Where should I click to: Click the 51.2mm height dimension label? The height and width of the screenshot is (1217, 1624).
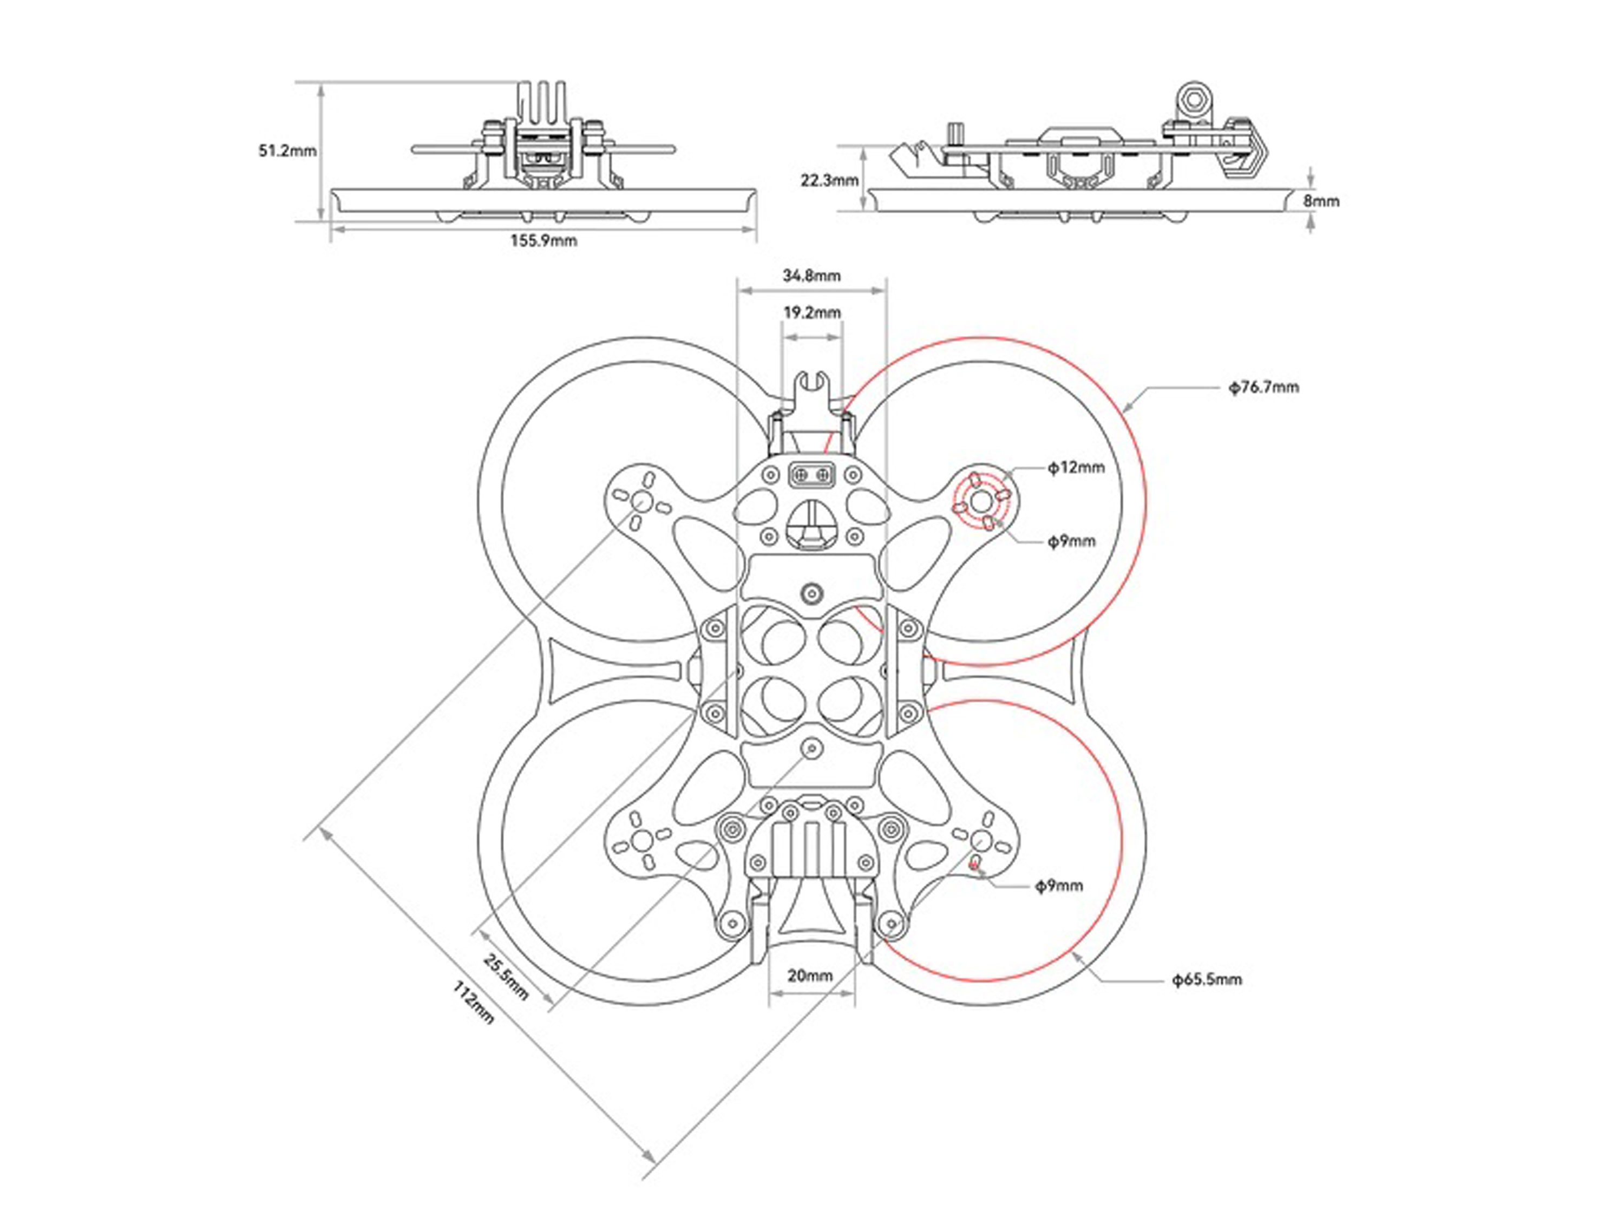tap(287, 151)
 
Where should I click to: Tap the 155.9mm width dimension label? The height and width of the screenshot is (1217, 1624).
tap(543, 241)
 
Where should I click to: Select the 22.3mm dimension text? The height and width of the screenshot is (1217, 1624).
tap(829, 180)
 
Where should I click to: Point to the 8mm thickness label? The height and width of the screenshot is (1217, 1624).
tap(1321, 200)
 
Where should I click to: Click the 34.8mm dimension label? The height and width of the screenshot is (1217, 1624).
tap(811, 276)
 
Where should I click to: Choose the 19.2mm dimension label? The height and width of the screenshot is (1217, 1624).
tap(811, 313)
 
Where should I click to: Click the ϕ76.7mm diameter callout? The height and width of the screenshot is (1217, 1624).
tap(1263, 387)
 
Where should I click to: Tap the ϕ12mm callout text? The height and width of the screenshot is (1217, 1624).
tap(1076, 467)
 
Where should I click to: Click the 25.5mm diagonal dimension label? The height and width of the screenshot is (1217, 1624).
tap(506, 976)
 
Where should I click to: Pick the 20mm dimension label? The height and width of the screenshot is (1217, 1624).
tap(810, 976)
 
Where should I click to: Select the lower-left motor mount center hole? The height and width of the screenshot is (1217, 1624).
tap(641, 840)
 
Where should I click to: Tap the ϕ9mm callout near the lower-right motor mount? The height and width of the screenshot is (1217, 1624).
tap(1059, 886)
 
